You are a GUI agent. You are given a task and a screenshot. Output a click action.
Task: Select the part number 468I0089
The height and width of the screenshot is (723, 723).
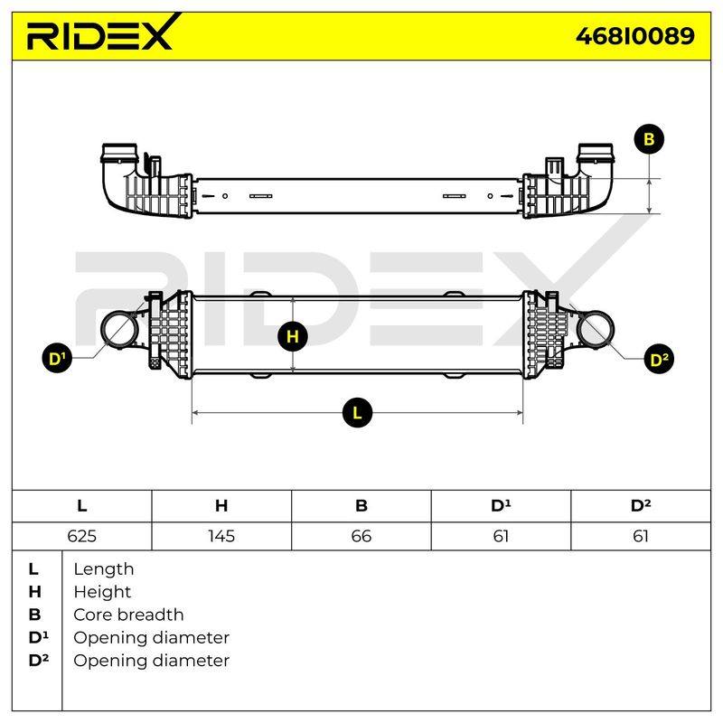(x=635, y=36)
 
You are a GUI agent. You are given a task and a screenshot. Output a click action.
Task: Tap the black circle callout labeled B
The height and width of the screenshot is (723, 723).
(x=649, y=139)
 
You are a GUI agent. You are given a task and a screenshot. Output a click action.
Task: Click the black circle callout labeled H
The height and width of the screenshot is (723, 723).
(x=293, y=336)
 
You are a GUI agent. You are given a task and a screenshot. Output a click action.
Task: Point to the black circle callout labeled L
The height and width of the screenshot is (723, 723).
(x=357, y=412)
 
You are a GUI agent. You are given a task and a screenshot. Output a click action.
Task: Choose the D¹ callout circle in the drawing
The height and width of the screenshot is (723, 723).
(x=57, y=358)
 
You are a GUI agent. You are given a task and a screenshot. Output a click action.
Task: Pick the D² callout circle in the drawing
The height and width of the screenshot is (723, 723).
(x=659, y=359)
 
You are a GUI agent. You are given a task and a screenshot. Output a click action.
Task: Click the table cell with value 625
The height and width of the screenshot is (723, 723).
(x=81, y=536)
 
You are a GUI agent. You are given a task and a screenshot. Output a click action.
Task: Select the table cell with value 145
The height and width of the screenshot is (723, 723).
(x=221, y=536)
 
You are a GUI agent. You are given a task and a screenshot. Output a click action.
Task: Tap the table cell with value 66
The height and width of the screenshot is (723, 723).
(x=361, y=536)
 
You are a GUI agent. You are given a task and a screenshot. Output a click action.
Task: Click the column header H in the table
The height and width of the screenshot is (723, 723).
(x=221, y=506)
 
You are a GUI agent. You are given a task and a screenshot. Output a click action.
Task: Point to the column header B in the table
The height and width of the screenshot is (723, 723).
(x=361, y=506)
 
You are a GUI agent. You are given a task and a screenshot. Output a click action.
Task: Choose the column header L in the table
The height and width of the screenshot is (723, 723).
(x=81, y=506)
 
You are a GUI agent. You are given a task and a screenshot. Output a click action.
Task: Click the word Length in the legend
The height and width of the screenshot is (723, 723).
(x=104, y=569)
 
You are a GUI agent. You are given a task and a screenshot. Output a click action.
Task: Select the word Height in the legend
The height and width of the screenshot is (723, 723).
(x=102, y=592)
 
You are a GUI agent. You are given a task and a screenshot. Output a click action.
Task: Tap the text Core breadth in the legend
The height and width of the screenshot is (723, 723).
(x=128, y=615)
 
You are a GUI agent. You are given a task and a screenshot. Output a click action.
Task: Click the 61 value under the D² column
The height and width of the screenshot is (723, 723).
(x=641, y=536)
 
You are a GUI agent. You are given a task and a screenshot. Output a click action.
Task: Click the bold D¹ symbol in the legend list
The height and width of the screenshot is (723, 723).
(x=38, y=638)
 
